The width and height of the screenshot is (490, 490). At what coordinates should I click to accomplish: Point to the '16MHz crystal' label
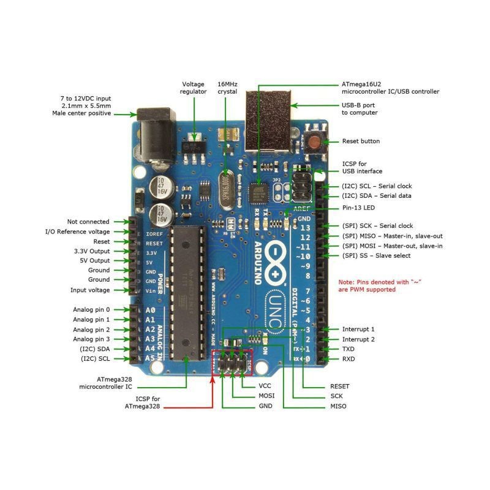(x=227, y=88)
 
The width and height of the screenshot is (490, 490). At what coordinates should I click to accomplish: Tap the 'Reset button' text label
(x=361, y=141)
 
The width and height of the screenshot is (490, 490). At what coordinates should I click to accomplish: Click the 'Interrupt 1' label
(x=358, y=329)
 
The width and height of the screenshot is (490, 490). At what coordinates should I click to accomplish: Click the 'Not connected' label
(x=88, y=222)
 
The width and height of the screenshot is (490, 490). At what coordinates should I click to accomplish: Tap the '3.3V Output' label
(x=91, y=251)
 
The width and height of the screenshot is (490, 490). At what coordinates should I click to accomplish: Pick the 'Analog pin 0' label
(x=91, y=310)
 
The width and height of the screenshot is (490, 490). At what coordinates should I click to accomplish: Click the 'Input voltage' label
(x=90, y=290)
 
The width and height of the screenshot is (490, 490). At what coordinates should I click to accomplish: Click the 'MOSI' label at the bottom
(x=266, y=396)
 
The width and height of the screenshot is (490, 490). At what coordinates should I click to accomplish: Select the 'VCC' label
(x=265, y=386)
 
